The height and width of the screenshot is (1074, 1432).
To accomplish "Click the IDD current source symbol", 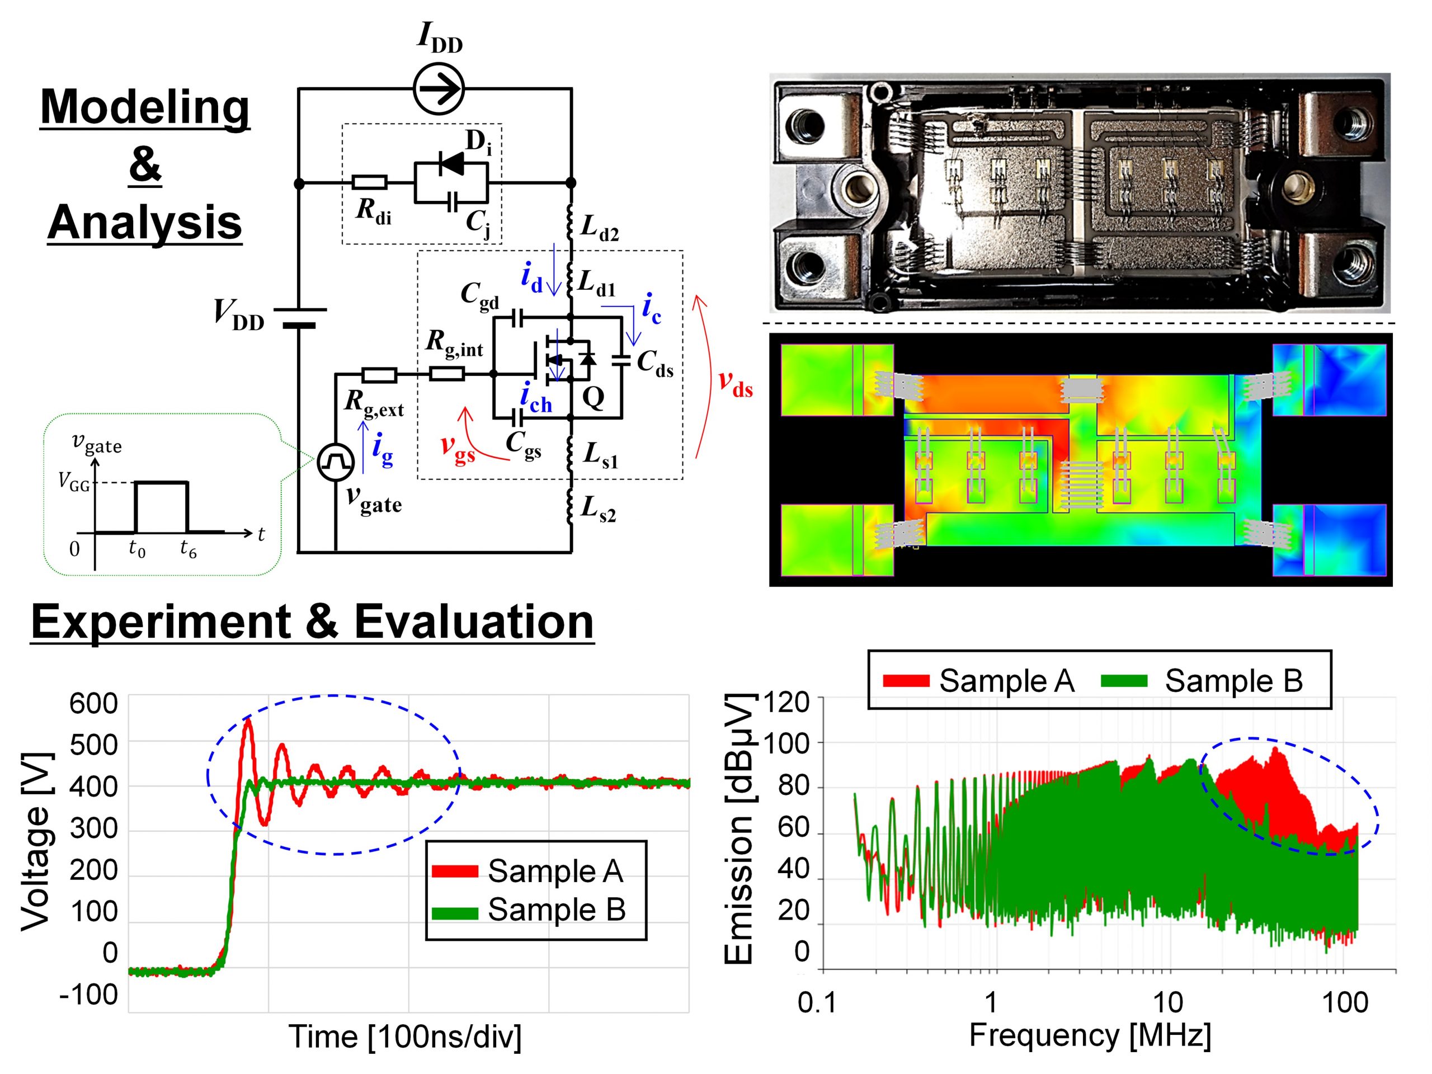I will coord(439,89).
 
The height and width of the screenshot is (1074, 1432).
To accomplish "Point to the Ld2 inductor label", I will coord(599,227).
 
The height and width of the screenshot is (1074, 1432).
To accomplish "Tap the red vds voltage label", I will coord(736,381).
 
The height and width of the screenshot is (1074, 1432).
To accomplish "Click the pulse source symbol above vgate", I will coord(335,461).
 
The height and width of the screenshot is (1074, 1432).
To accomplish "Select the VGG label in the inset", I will coord(74,482).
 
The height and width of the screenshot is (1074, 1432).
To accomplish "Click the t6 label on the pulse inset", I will coord(188,549).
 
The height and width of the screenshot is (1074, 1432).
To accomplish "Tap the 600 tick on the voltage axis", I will coord(94,703).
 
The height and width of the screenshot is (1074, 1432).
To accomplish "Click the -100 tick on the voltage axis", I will coord(89,995).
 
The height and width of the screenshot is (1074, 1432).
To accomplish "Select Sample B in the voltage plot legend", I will coord(556,910).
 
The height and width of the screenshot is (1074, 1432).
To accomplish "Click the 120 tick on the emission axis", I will coord(787,702).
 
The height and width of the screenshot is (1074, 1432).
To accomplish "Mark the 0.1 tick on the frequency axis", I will coord(818,1003).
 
